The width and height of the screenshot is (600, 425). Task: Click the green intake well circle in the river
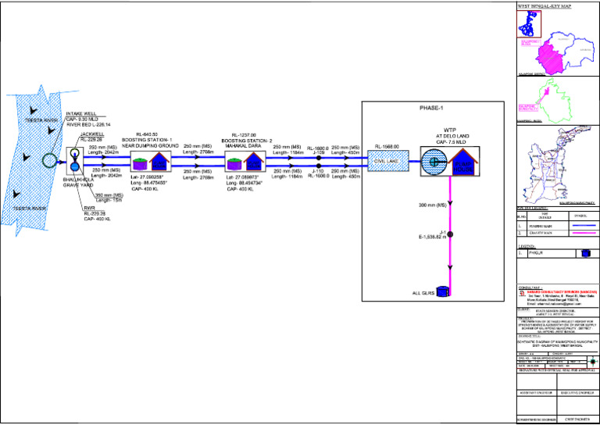[x=50, y=162]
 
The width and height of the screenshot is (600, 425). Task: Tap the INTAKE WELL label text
[x=81, y=113]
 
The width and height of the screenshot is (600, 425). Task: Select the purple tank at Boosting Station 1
[x=140, y=164]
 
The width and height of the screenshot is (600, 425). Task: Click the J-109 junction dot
[x=319, y=157]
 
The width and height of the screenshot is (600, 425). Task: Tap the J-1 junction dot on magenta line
[x=450, y=234]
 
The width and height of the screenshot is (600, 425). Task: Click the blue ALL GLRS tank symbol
[x=444, y=291]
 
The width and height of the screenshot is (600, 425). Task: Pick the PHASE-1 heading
[x=430, y=108]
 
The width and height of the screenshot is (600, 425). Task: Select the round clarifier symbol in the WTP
[x=432, y=162]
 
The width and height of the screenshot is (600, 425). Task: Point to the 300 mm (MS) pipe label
[x=431, y=205]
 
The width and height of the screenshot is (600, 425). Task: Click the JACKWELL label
[x=92, y=134]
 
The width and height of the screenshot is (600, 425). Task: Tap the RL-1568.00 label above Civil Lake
[x=387, y=146]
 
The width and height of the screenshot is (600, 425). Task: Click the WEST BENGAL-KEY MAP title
[x=545, y=5]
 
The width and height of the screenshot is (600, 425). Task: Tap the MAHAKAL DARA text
[x=245, y=145]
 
